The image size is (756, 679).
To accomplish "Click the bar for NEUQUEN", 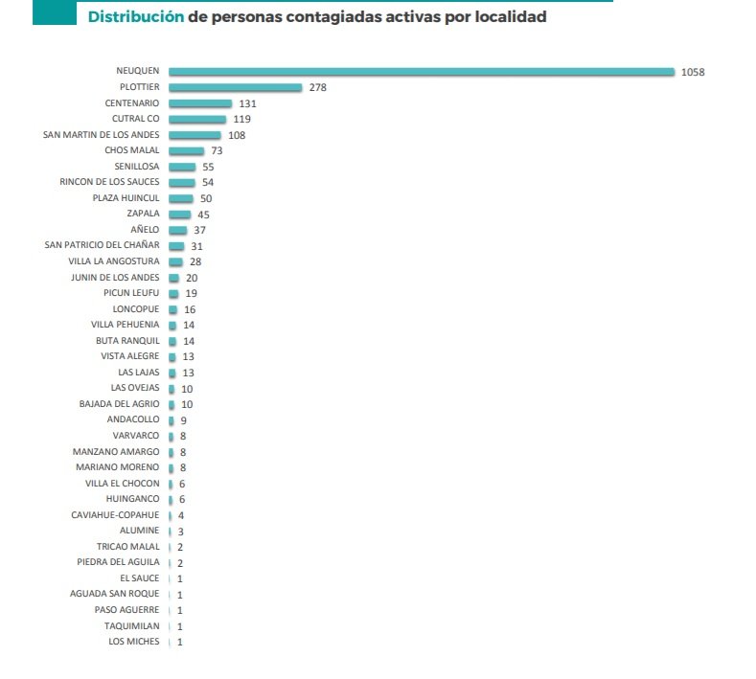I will click(422, 72).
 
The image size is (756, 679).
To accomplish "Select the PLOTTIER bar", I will click(235, 87).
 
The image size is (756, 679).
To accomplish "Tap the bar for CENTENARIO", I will click(200, 103).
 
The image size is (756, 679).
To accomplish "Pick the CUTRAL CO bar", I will click(197, 119).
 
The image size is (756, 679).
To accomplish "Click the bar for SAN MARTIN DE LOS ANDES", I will click(195, 135).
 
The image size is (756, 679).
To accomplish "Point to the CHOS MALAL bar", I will click(186, 151).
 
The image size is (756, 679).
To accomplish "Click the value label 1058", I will click(693, 72).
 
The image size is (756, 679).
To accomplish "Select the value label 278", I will click(319, 87).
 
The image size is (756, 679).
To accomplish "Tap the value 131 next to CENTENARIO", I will click(247, 103).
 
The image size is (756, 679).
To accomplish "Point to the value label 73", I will click(217, 151).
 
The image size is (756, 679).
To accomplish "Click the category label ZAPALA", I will click(144, 214).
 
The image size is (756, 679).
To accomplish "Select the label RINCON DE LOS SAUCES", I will click(109, 182).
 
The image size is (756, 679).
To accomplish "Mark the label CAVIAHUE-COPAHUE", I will click(115, 515).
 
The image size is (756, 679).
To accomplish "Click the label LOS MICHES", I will click(134, 642).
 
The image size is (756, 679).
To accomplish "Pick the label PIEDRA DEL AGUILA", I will click(118, 562).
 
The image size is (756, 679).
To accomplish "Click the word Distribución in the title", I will click(136, 17).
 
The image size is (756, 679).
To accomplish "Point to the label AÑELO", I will click(145, 230).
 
